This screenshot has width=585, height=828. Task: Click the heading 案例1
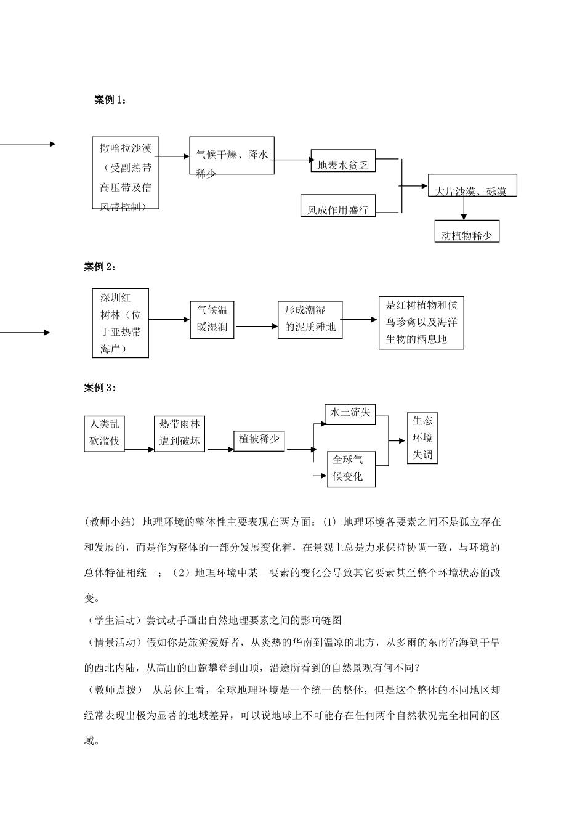(110, 100)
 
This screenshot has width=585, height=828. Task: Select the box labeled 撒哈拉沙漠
(126, 173)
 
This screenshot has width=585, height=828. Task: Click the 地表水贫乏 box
(343, 161)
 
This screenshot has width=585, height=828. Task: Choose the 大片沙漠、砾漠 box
(472, 185)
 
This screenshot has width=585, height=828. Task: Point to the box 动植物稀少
(467, 231)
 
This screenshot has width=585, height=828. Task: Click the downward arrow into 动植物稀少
(464, 209)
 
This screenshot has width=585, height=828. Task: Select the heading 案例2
(99, 266)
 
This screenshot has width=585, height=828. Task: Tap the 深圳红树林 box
(120, 323)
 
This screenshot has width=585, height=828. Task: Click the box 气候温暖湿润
(212, 319)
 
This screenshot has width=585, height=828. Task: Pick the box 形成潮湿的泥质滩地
(310, 319)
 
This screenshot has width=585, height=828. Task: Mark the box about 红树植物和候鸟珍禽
(421, 323)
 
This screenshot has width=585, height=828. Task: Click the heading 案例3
(99, 388)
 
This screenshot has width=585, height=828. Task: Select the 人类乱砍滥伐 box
(104, 434)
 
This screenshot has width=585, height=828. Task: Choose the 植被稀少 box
(259, 439)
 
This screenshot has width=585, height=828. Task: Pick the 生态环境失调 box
(422, 438)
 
